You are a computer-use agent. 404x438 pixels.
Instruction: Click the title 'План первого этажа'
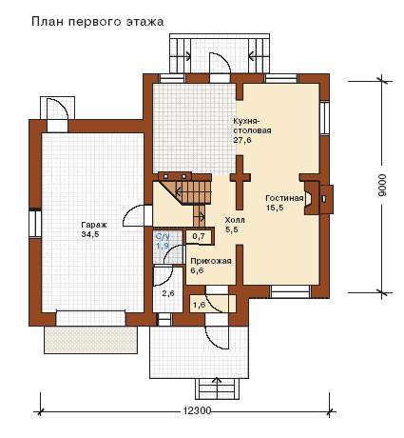[x=97, y=22]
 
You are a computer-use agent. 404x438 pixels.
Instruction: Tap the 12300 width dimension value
[x=197, y=410]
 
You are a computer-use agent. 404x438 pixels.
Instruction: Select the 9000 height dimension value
[x=382, y=185]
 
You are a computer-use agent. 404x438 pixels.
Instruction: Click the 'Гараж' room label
[x=94, y=225]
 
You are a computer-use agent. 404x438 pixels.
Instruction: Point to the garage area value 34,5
[x=90, y=234]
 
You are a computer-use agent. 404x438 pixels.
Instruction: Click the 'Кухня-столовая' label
[x=252, y=126]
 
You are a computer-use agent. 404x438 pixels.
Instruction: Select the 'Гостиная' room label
[x=284, y=198]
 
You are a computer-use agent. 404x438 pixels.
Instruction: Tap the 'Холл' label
[x=235, y=220]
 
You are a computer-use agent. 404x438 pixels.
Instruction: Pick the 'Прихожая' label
[x=211, y=261]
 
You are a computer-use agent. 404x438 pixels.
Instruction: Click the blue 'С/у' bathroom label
[x=163, y=236]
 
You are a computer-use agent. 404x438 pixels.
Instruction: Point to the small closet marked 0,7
[x=199, y=236]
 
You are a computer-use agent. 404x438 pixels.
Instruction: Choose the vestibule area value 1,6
[x=199, y=305]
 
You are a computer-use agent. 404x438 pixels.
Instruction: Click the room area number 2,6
[x=168, y=293]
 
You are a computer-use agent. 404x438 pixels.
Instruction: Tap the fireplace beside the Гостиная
[x=317, y=198]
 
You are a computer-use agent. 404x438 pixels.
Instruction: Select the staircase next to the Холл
[x=187, y=195]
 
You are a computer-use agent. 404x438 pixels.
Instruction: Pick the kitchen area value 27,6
[x=242, y=140]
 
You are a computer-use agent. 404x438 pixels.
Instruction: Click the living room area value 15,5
[x=275, y=208]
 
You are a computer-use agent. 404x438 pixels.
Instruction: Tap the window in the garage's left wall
[x=35, y=224]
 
